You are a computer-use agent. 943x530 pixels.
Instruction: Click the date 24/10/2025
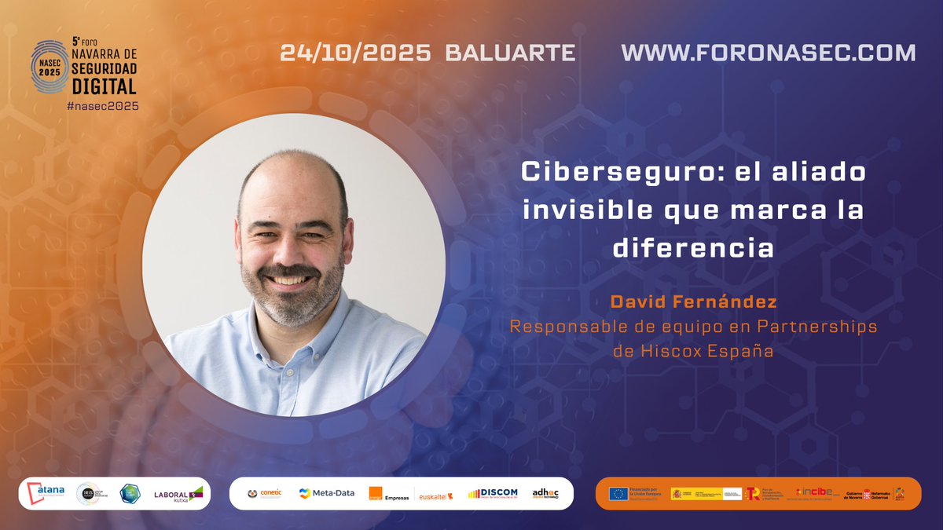pos(355,53)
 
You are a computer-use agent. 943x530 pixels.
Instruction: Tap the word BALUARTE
pos(510,53)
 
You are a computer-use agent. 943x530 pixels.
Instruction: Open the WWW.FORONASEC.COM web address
pos(768,53)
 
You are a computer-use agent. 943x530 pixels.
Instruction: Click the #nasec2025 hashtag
pos(103,106)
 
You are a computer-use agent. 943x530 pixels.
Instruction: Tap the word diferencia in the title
pos(693,248)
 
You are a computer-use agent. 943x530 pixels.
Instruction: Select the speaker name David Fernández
pos(693,302)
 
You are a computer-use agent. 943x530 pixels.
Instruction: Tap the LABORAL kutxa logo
pos(178,493)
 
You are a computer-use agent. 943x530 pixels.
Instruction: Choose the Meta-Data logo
pos(325,493)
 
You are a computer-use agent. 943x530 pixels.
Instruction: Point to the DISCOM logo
pos(493,493)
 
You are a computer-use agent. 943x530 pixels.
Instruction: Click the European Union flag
pos(618,493)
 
